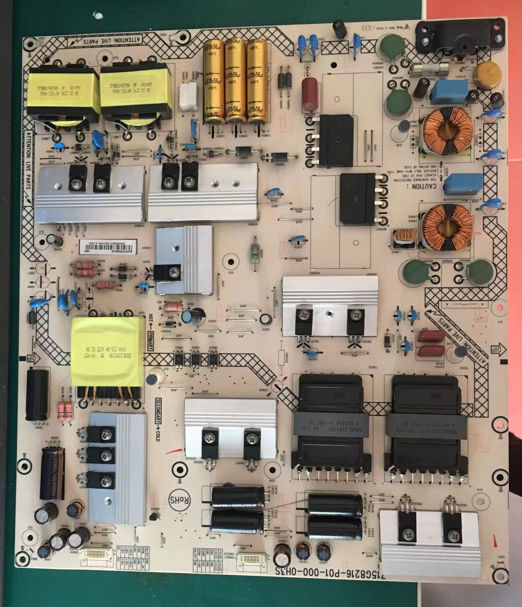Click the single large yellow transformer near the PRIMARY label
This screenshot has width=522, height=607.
point(107,352)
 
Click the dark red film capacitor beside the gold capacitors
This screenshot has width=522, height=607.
point(311,94)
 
